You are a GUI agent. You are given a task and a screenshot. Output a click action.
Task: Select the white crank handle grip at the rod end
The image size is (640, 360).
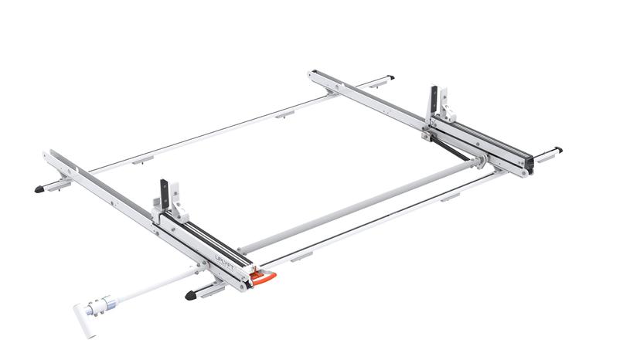click(x=84, y=319)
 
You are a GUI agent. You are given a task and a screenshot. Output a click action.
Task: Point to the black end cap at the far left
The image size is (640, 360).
click(x=39, y=188)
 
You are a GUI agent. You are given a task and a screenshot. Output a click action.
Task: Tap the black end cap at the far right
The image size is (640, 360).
click(x=557, y=149)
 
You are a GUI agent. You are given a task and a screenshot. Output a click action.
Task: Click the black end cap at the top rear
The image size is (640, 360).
click(x=391, y=77)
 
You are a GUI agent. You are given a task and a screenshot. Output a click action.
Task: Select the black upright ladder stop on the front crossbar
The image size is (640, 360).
click(x=165, y=195)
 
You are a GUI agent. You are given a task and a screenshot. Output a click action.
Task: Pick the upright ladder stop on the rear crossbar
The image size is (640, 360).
click(x=433, y=100)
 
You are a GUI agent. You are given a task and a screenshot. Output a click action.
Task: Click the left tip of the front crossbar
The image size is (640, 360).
click(x=48, y=155)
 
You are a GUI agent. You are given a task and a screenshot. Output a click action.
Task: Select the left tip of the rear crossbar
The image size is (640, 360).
click(x=311, y=74)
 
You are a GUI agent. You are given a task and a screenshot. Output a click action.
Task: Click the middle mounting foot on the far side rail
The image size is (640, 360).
click(x=284, y=114)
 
